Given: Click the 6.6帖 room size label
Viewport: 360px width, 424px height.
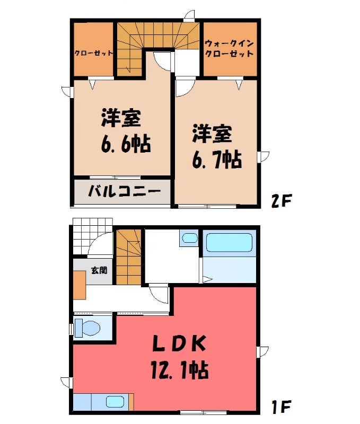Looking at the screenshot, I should (x=125, y=144).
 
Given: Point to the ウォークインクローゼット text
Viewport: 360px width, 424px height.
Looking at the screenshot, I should (x=229, y=49).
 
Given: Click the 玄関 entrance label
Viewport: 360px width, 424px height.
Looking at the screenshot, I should (x=99, y=270).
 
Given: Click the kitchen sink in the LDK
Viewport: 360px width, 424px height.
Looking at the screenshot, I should (x=115, y=402).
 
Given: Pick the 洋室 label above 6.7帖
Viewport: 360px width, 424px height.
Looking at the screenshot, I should (x=212, y=134).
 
